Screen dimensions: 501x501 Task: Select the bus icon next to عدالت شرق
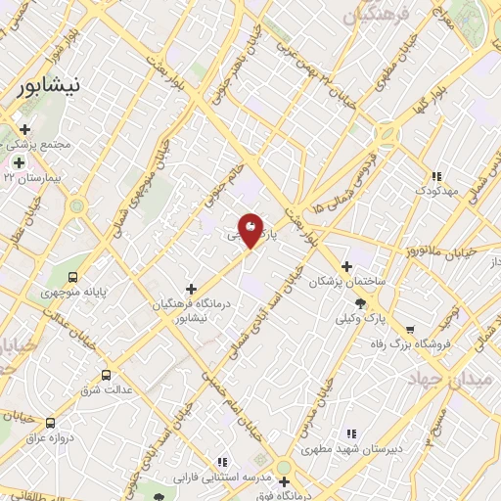point(106,375)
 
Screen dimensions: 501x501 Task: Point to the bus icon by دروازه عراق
point(50,423)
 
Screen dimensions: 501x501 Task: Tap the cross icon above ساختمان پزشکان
point(346,266)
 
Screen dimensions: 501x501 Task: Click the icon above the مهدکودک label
point(436,177)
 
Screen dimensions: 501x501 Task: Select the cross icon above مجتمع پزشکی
point(24,128)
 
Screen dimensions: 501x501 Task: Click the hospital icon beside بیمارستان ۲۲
point(18,162)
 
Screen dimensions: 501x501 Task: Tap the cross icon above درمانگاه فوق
point(284,482)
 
